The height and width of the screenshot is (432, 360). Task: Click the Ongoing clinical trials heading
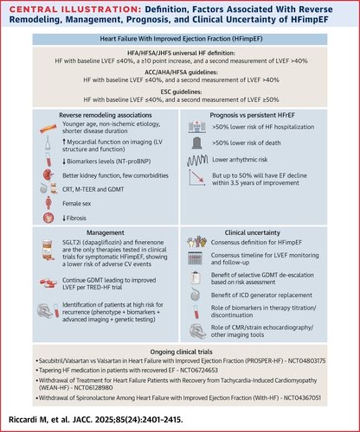(180, 355)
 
